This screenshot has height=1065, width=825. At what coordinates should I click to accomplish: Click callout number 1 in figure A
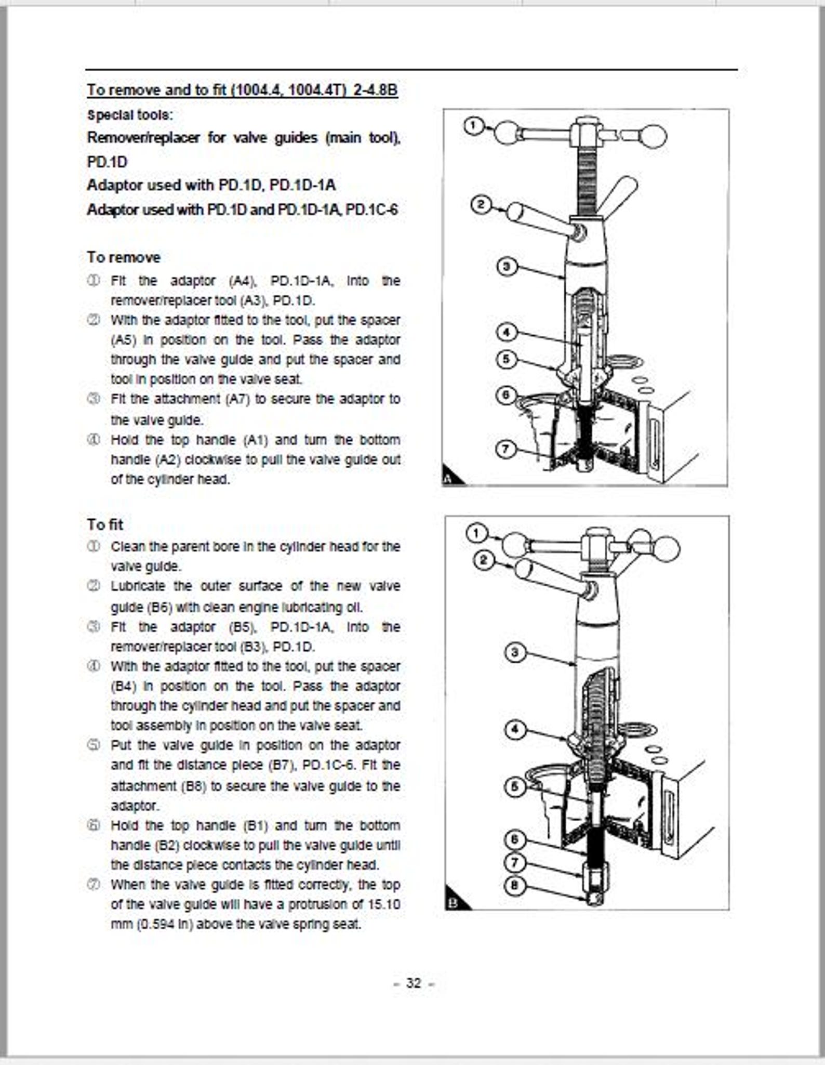(473, 125)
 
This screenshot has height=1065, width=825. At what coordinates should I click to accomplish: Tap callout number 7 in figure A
(505, 448)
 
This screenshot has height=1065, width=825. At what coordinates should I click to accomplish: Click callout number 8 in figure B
(514, 885)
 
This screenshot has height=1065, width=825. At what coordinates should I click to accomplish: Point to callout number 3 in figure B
(515, 652)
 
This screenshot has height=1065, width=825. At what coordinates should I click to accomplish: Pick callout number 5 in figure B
(514, 786)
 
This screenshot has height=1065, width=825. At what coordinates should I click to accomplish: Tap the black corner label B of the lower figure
(453, 903)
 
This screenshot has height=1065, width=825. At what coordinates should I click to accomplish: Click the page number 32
(414, 983)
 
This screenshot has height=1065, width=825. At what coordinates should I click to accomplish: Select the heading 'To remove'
(124, 257)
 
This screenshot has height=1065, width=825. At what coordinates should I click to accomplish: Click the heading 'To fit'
(105, 524)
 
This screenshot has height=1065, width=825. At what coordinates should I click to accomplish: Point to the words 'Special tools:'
(130, 115)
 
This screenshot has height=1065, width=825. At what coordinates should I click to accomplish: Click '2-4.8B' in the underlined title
(375, 90)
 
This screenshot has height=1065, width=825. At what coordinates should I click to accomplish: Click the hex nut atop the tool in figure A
(587, 127)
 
